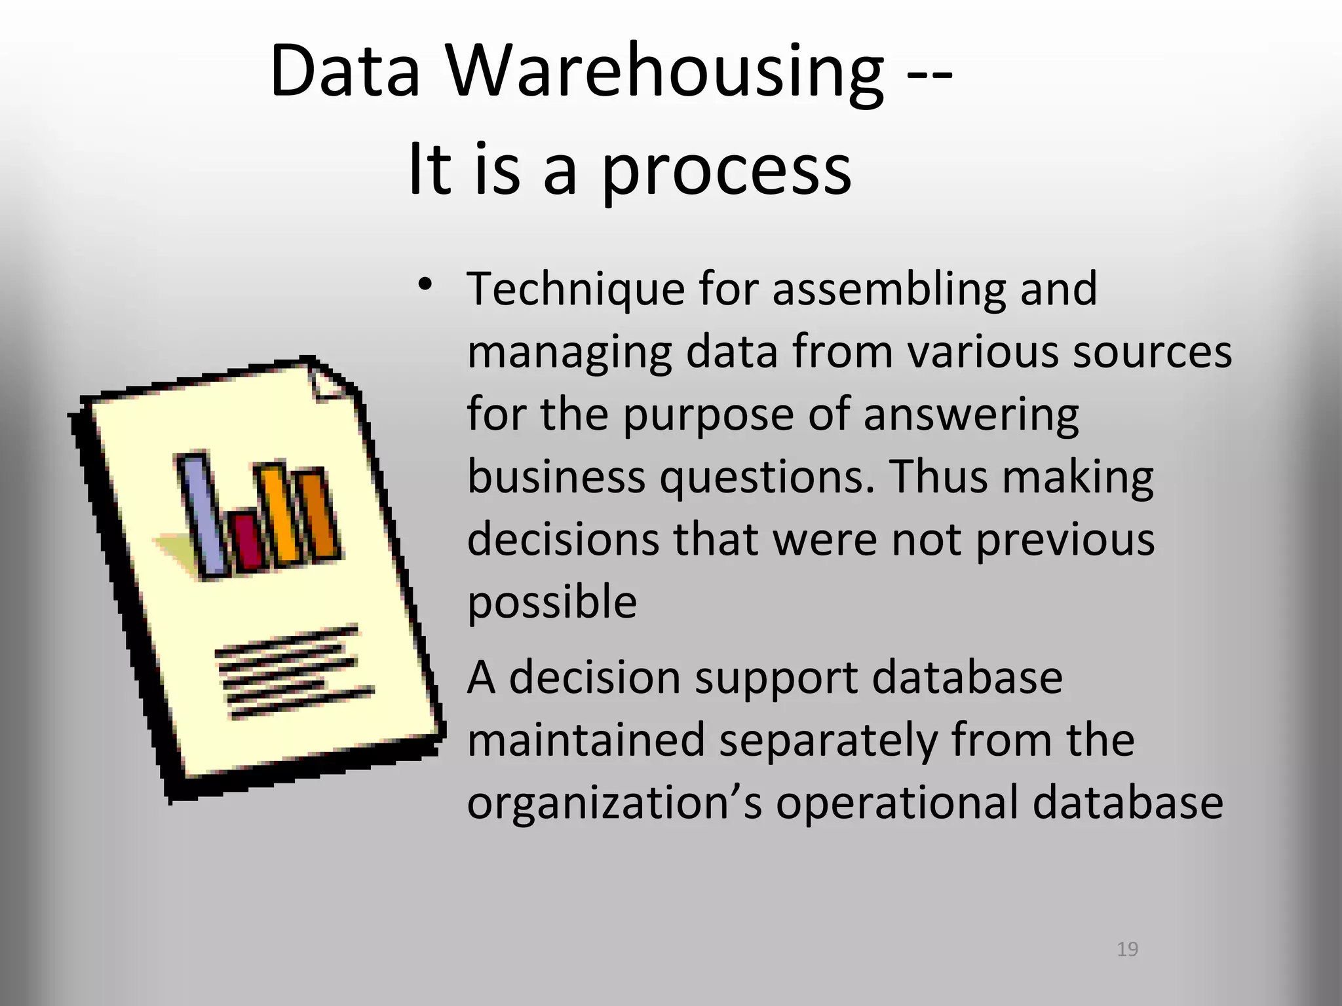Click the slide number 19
pyautogui.click(x=1127, y=949)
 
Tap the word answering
pyautogui.click(x=970, y=416)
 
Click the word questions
pyautogui.click(x=767, y=477)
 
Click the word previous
pyautogui.click(x=1065, y=541)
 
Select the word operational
pyautogui.click(x=896, y=804)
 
